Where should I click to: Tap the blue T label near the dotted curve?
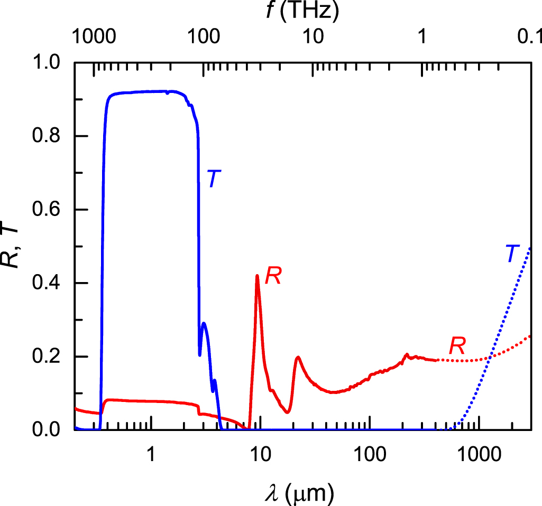510,254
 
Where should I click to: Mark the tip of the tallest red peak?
257,275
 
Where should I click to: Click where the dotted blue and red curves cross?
490,359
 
